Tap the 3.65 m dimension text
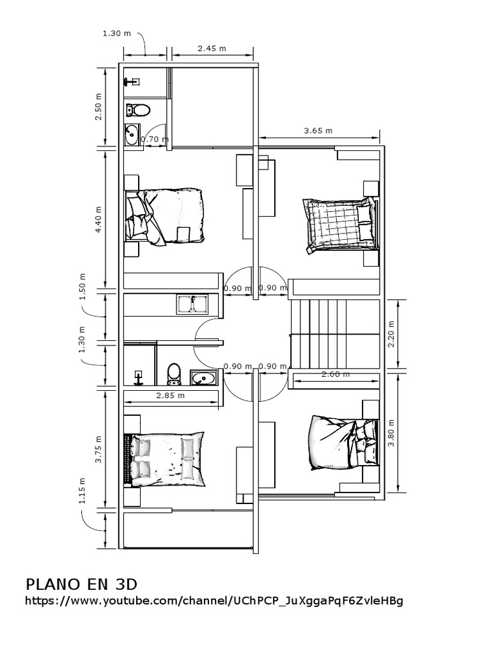tap(318, 130)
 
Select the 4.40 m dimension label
tap(98, 219)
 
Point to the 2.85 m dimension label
tap(170, 395)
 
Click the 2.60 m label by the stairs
tap(336, 374)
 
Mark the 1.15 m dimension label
tap(82, 491)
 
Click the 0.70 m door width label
tap(154, 139)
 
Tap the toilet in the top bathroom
tap(139, 110)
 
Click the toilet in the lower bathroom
tap(174, 374)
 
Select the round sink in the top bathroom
tap(132, 134)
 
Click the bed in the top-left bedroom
tap(167, 216)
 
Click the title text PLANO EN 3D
tap(81, 584)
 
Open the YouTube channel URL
tap(214, 602)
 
